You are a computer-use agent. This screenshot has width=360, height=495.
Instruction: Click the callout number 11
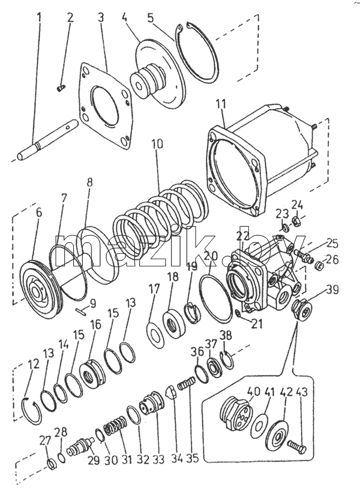(221, 104)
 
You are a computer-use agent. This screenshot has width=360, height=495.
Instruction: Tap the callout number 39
(332, 289)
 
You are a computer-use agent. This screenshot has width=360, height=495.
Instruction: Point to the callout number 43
(302, 392)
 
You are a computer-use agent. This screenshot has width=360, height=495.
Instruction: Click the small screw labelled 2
(61, 89)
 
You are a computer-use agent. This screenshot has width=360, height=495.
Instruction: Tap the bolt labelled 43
(297, 446)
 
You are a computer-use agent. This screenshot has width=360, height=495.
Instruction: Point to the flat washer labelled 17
(155, 334)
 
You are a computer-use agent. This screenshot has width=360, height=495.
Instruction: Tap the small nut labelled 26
(320, 265)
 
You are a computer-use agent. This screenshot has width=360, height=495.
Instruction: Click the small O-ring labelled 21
(239, 313)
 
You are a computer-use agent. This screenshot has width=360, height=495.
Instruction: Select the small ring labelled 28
(62, 457)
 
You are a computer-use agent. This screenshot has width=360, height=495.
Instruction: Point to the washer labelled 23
(284, 227)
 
